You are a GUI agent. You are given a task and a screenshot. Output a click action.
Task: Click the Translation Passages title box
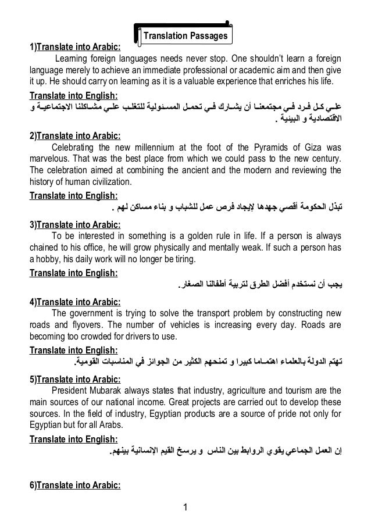185,36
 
